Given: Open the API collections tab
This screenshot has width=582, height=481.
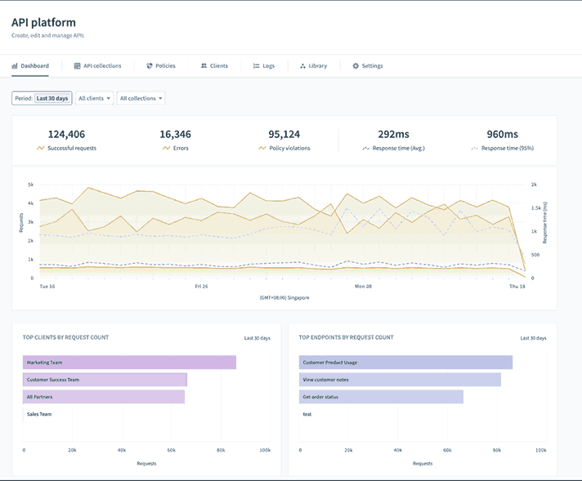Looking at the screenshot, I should pyautogui.click(x=97, y=65).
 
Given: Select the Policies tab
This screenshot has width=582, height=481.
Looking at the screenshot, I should pyautogui.click(x=160, y=65).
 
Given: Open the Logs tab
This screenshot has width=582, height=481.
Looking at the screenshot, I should pyautogui.click(x=263, y=65).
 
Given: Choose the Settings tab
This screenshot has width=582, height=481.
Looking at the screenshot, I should pyautogui.click(x=367, y=65).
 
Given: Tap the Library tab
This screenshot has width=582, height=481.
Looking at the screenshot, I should pyautogui.click(x=313, y=65).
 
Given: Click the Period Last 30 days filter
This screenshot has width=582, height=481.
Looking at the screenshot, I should pyautogui.click(x=42, y=98).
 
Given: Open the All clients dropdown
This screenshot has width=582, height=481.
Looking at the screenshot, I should pyautogui.click(x=94, y=98).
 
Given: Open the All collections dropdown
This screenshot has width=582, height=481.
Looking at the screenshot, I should pyautogui.click(x=141, y=98).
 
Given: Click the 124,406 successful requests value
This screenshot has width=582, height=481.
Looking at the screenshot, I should pyautogui.click(x=66, y=134).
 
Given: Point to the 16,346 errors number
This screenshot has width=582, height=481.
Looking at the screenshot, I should pyautogui.click(x=176, y=134).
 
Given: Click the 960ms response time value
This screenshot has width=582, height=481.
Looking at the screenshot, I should pyautogui.click(x=503, y=134).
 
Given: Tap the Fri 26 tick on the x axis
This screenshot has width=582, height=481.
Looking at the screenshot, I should pyautogui.click(x=202, y=287).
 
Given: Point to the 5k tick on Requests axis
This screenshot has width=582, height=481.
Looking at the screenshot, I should pyautogui.click(x=30, y=185).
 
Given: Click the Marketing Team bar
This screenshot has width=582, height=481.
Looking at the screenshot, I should pyautogui.click(x=129, y=362).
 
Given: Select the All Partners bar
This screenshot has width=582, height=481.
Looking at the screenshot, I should pyautogui.click(x=104, y=396).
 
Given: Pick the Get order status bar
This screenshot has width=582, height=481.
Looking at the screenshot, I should pyautogui.click(x=381, y=396).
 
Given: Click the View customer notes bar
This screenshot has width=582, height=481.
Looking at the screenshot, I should pyautogui.click(x=400, y=379).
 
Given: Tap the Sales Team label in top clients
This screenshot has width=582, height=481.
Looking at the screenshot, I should pyautogui.click(x=39, y=414).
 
